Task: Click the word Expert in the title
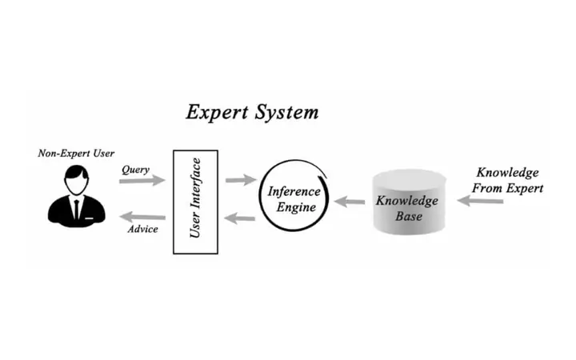(x=214, y=112)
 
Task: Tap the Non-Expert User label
(x=76, y=154)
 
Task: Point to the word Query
(x=136, y=170)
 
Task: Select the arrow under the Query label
(x=142, y=182)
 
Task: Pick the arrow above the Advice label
(x=142, y=216)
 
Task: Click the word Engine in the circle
(x=292, y=207)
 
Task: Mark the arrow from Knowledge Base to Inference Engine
(x=350, y=202)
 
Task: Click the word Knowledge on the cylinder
(x=407, y=200)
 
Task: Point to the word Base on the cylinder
(x=407, y=216)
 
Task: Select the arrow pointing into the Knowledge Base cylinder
(x=480, y=202)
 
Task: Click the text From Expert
(x=507, y=188)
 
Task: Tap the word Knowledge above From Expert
(x=507, y=172)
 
